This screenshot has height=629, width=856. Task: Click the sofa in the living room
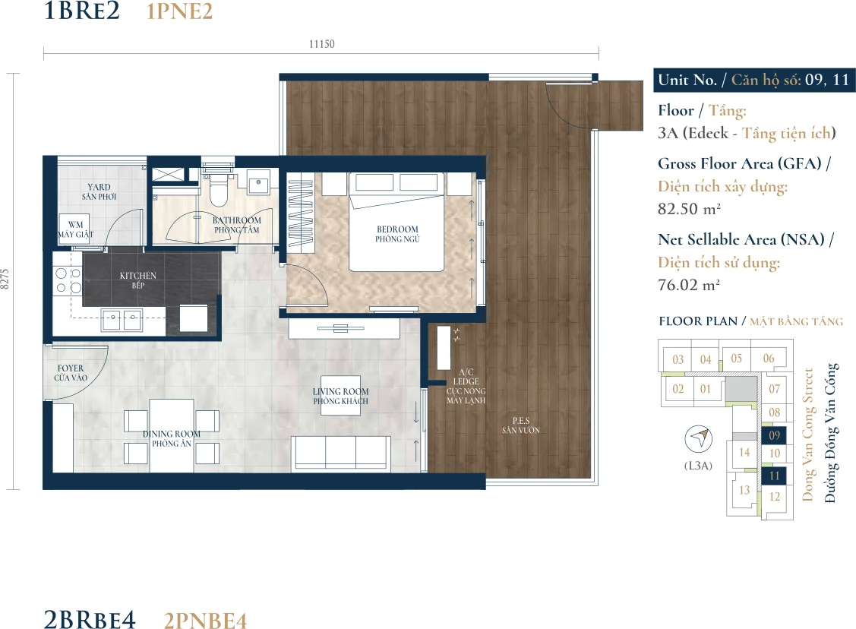click(x=341, y=452)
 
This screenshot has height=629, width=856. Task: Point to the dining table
click(x=172, y=435)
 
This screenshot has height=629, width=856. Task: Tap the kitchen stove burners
click(x=68, y=280)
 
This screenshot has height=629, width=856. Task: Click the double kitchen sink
click(x=122, y=320)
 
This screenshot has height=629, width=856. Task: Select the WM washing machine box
click(x=76, y=229)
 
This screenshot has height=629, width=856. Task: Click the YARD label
click(x=99, y=187)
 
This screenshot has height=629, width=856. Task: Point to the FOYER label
click(x=71, y=368)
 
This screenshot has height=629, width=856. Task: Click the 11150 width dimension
click(x=321, y=44)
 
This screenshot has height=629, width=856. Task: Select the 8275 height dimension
click(x=5, y=279)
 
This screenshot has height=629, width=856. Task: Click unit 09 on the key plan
click(x=774, y=435)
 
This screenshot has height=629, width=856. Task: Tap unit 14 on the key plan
click(x=744, y=453)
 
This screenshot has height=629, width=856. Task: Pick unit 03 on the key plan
click(x=678, y=359)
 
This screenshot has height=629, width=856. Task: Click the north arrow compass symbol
click(x=699, y=438)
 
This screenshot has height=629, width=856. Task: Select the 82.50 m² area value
click(x=689, y=209)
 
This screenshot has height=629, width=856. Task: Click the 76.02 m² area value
click(x=688, y=285)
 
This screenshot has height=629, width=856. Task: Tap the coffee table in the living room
click(x=340, y=395)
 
